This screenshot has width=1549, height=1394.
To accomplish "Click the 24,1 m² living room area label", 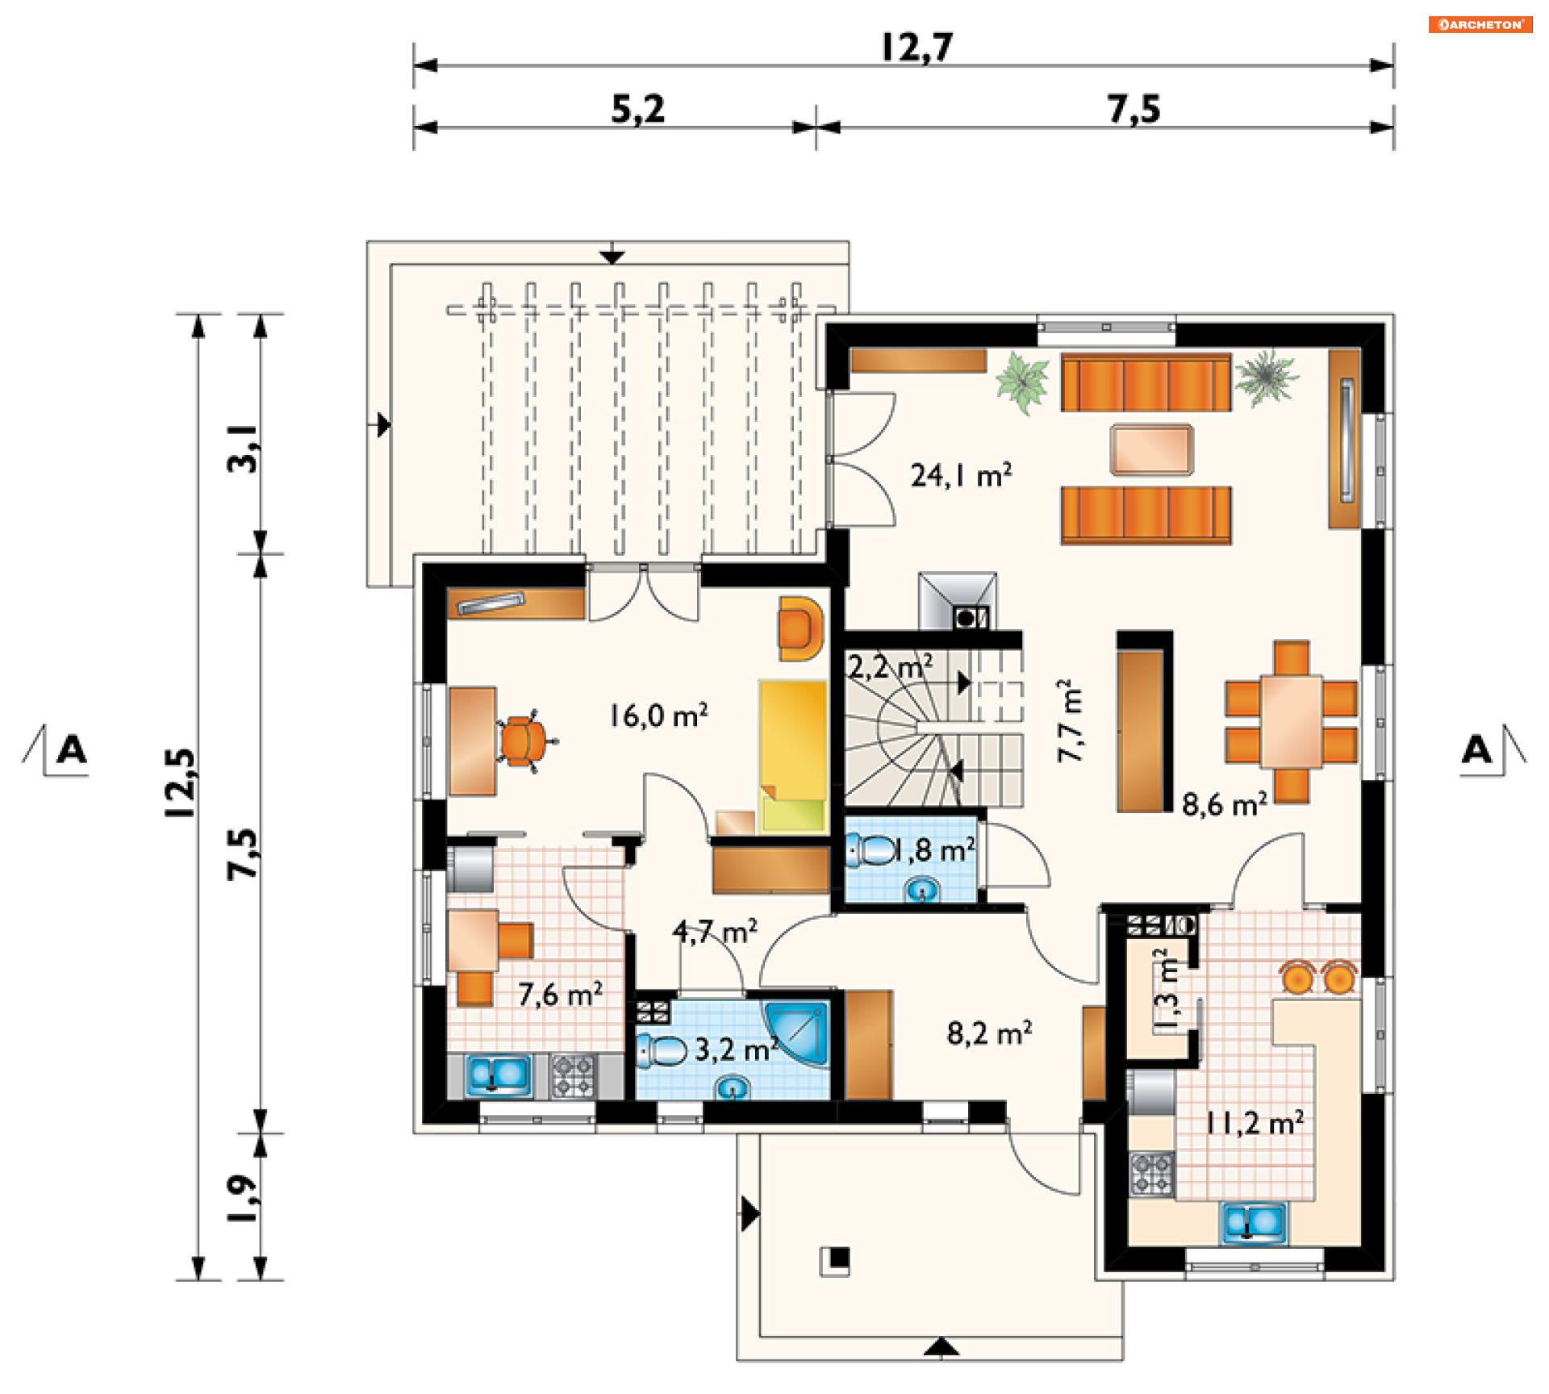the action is (x=961, y=474).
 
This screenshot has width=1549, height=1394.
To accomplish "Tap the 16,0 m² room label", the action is (x=658, y=715).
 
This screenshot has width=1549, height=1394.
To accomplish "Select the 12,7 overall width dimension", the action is (x=917, y=47).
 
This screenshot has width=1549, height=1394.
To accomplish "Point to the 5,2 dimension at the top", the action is (x=638, y=109).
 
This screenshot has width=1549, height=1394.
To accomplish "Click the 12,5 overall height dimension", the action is (x=180, y=783).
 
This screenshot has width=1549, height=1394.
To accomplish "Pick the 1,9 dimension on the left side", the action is (x=242, y=1198).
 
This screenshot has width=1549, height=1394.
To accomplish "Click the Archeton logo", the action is (x=1480, y=24).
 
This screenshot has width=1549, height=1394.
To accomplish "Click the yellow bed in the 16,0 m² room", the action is (x=793, y=756).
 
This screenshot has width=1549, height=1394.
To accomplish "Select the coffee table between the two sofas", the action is (x=1151, y=449).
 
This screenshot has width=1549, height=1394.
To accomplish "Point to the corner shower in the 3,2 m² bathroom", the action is (x=797, y=1033).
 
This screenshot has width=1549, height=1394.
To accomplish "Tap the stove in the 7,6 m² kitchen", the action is (x=574, y=1076).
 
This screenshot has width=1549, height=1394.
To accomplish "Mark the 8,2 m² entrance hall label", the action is (x=989, y=1033).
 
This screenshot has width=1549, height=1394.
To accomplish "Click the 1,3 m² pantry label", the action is (x=1167, y=989).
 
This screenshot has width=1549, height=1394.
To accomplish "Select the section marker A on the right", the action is (x=1477, y=749).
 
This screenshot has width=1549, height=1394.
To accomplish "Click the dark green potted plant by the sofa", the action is (x=1267, y=377).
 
